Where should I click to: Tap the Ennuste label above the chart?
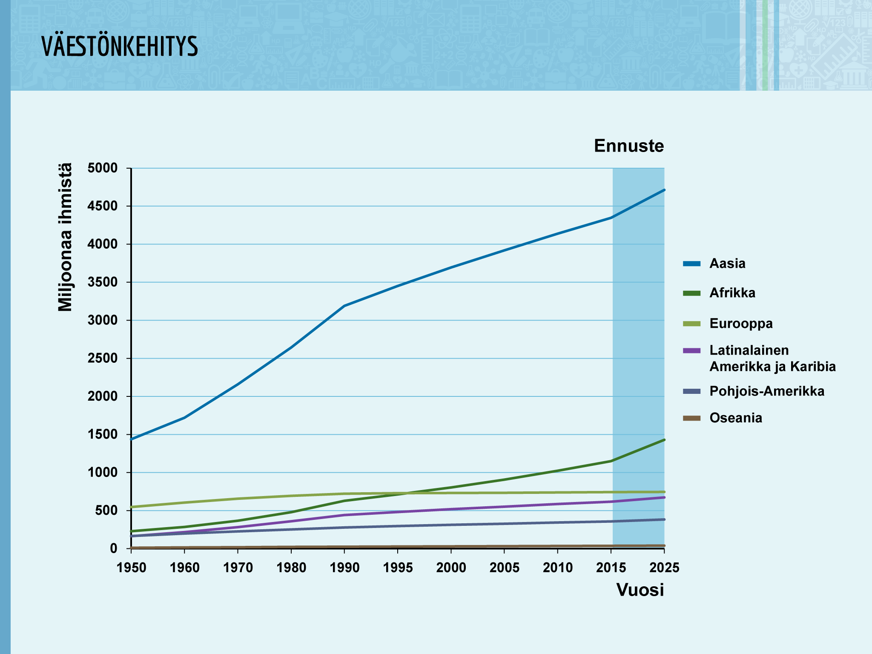(x=629, y=146)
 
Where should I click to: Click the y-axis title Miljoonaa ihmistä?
(x=65, y=238)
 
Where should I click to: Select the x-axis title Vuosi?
(x=640, y=590)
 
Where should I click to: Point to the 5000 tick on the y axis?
(x=102, y=168)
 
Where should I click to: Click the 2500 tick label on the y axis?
(x=102, y=359)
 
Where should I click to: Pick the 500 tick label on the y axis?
(x=106, y=511)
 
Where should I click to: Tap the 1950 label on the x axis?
(x=131, y=568)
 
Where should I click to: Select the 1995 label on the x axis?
(x=398, y=568)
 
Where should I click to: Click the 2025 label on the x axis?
(x=664, y=568)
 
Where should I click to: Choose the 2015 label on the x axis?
(x=611, y=568)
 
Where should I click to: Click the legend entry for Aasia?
(x=714, y=264)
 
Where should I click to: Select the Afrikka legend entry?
(x=719, y=293)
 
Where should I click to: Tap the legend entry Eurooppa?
(x=728, y=324)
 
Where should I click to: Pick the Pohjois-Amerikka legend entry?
(x=754, y=391)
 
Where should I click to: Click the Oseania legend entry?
(x=723, y=418)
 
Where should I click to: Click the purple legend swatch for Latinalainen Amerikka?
(x=691, y=350)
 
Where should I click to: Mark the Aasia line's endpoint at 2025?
(x=664, y=190)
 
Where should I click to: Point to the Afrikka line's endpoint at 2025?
(x=664, y=440)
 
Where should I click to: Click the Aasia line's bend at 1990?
(x=344, y=306)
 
